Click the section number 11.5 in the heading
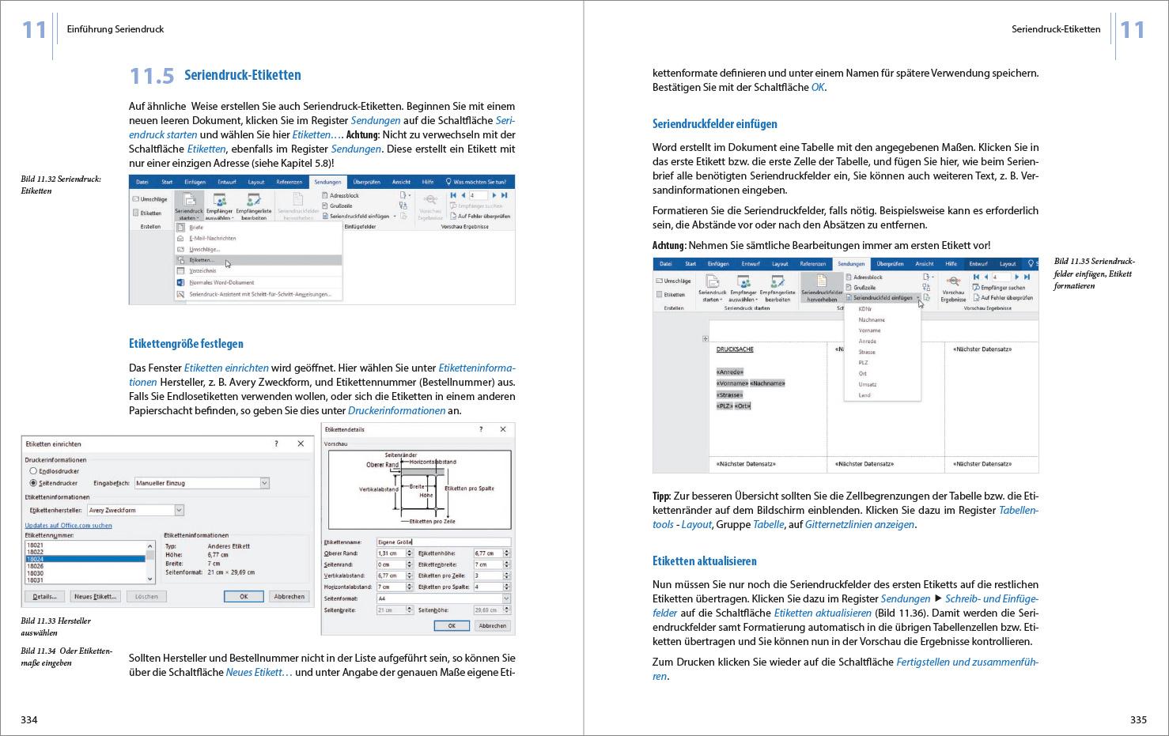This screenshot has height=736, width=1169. point(151,76)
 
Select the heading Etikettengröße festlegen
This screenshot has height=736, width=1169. point(186,344)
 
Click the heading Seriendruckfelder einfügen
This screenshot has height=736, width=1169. point(714,124)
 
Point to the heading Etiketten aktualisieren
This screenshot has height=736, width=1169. point(704,561)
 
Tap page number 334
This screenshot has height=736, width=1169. point(29,719)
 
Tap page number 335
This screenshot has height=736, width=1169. point(1138,719)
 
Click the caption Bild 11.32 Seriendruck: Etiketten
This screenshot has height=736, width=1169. point(60,185)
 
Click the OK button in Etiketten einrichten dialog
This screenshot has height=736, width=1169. point(244,596)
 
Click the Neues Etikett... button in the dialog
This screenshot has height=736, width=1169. point(95,596)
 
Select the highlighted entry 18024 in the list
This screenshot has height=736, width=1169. point(85,559)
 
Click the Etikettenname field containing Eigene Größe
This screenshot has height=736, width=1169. point(442,542)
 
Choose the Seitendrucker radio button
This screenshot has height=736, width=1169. point(33,482)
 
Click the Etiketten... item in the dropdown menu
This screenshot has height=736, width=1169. point(202,260)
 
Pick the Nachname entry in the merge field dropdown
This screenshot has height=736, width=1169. point(871,320)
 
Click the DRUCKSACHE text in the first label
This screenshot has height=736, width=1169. point(735,349)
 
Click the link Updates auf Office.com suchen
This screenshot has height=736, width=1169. point(68,525)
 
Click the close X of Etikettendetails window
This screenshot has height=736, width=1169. point(503,429)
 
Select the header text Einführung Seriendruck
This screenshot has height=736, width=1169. point(115,29)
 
